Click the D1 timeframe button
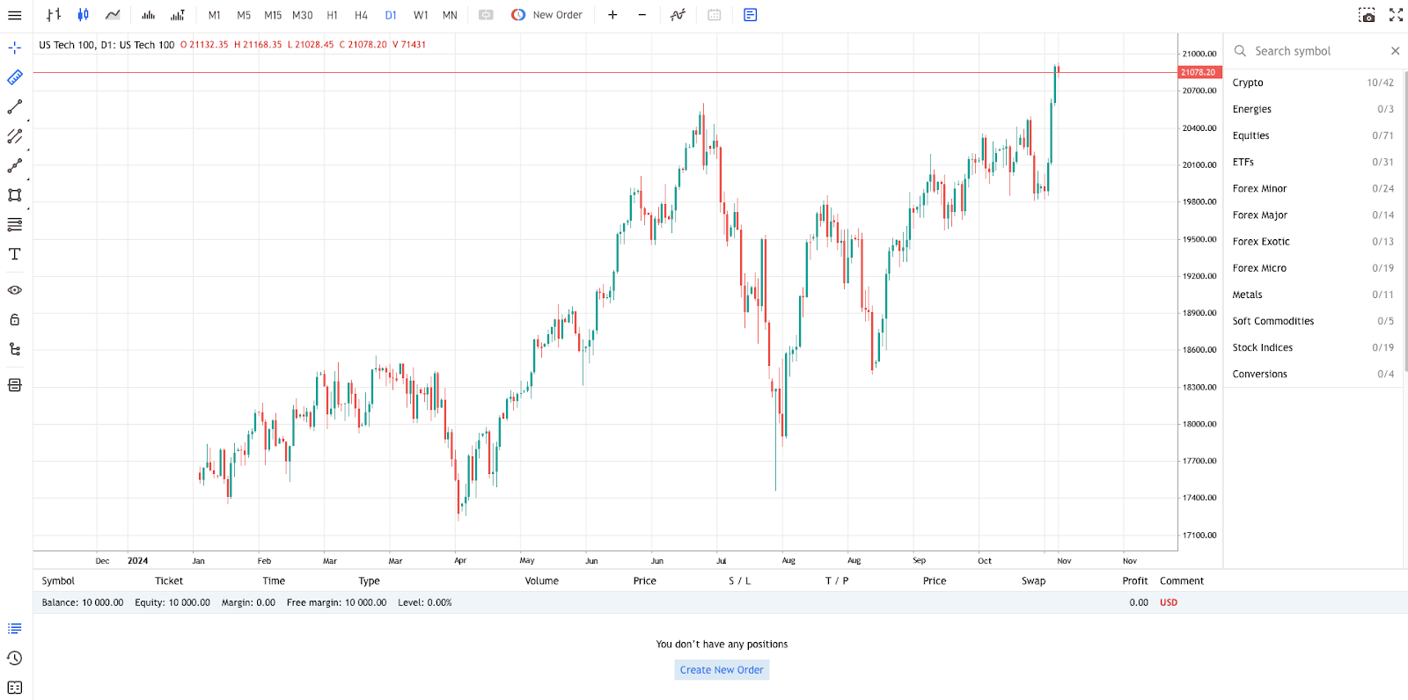391,15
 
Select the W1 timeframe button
421,15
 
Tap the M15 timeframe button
273,15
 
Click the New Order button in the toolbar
546,15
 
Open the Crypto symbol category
1248,83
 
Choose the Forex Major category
1259,215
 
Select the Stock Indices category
1262,347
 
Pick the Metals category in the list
1247,295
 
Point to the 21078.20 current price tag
1198,72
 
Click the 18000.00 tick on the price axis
1199,424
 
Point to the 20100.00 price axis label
1199,165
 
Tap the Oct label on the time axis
984,561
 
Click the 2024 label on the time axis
137,561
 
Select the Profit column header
1134,581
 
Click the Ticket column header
169,581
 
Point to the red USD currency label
1168,602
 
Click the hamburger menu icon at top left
15,15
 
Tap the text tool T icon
15,254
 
